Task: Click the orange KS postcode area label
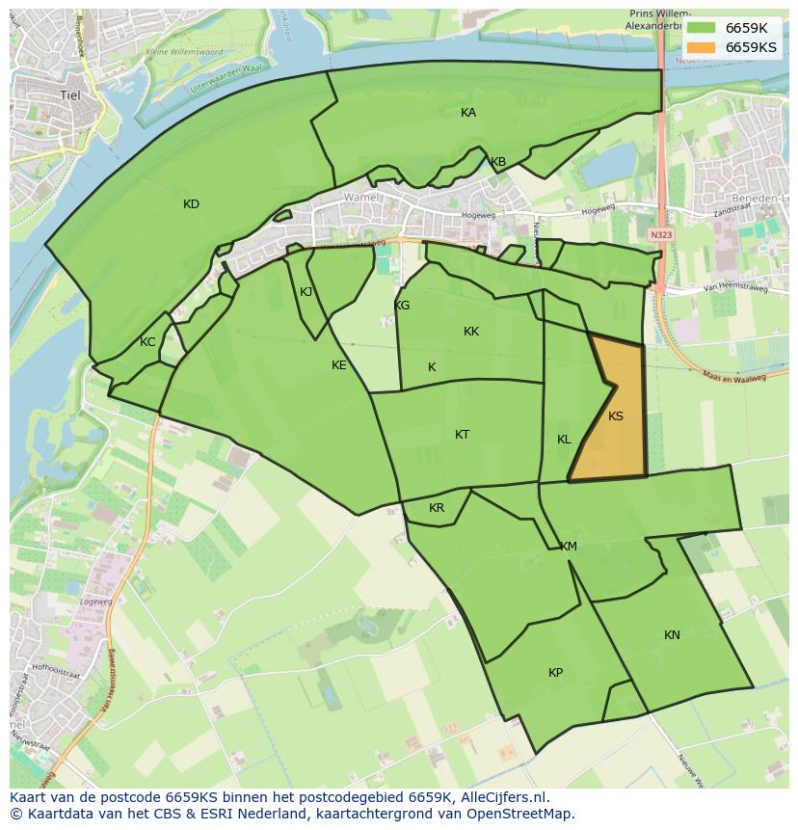click(616, 416)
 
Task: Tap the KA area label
click(468, 113)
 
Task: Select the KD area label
click(191, 204)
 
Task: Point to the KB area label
click(498, 162)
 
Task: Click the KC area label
click(147, 342)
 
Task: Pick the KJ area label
click(306, 292)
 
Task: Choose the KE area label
click(339, 365)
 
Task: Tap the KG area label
click(402, 306)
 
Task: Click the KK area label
click(471, 332)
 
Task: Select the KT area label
click(463, 435)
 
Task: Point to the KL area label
click(564, 440)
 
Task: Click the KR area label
click(437, 508)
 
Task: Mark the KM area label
click(569, 547)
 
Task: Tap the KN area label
click(672, 635)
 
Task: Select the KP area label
click(555, 673)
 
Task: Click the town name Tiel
click(70, 95)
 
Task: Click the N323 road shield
click(660, 234)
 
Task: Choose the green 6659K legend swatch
click(702, 29)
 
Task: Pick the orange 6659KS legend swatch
click(702, 47)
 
